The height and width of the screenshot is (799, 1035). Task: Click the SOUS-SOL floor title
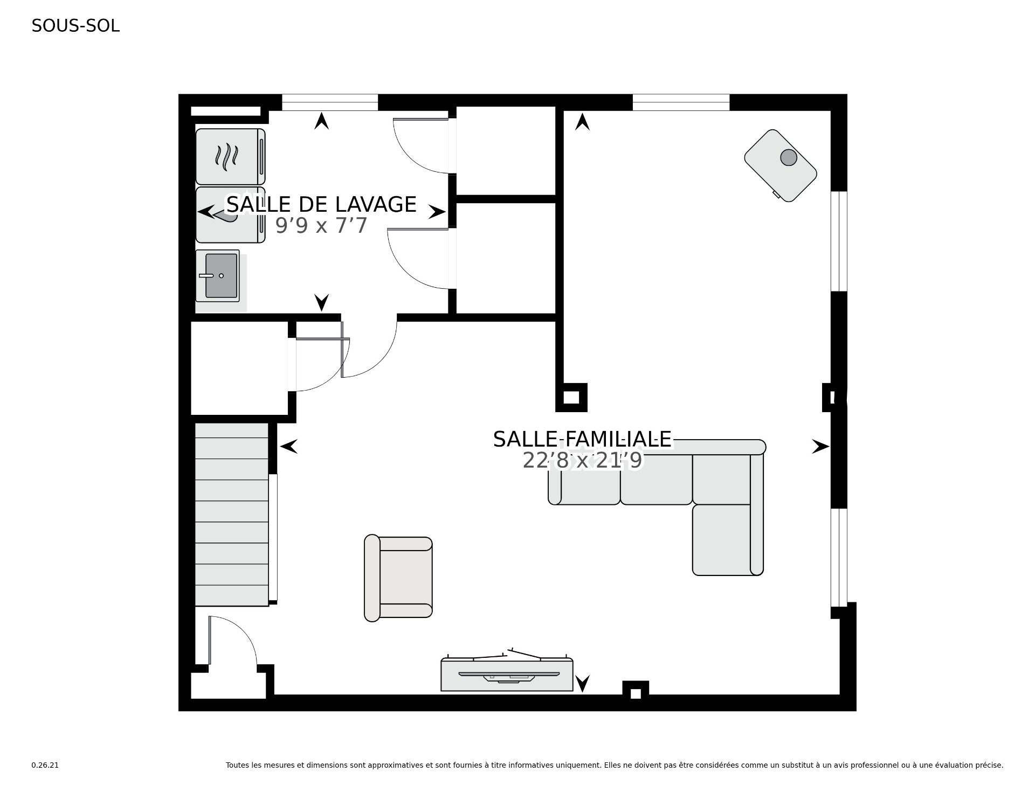click(x=75, y=26)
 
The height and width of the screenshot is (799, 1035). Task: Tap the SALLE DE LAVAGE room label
click(x=321, y=205)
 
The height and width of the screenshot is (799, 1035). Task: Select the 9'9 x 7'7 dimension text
click(x=321, y=226)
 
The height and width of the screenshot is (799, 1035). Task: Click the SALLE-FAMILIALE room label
click(x=582, y=439)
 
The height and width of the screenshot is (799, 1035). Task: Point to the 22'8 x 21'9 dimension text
click(x=582, y=461)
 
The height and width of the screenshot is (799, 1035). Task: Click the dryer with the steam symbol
click(x=230, y=157)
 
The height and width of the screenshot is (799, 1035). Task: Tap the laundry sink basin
click(x=222, y=276)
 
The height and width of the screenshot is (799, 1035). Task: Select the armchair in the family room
click(x=398, y=578)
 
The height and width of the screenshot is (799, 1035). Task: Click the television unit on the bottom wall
click(x=507, y=673)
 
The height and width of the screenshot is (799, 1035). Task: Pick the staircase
click(x=232, y=515)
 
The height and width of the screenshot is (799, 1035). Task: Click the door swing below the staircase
click(x=232, y=641)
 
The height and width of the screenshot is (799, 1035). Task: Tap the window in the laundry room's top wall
click(x=330, y=102)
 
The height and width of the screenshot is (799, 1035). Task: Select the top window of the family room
click(x=681, y=102)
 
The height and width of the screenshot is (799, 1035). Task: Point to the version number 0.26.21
click(x=45, y=765)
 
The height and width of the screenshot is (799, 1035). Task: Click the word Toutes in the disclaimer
click(x=236, y=765)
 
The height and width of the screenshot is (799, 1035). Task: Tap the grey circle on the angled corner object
click(x=789, y=157)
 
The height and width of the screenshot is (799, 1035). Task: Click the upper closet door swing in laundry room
click(x=421, y=145)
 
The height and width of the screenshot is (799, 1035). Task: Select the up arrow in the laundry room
click(x=322, y=121)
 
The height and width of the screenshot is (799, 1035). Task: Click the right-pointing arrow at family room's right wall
click(x=820, y=446)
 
